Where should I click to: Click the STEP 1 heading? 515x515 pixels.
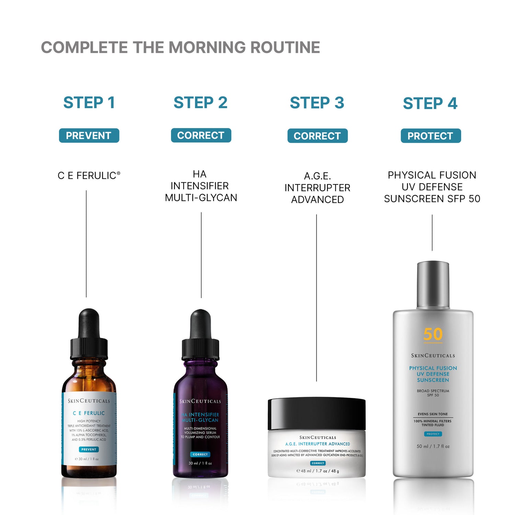89,103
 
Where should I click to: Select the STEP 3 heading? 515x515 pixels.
317,103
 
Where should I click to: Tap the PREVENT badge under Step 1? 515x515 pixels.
89,136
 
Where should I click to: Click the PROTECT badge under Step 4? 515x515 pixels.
431,136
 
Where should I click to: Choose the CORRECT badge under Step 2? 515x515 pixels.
201,135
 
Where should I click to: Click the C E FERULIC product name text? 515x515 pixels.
89,175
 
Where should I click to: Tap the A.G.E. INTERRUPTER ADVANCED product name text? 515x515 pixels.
317,188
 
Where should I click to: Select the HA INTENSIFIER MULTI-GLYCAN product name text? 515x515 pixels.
201,186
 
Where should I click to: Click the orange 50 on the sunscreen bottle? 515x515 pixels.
433,334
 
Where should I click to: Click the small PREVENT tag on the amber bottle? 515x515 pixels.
89,449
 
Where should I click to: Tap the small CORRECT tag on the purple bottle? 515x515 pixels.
200,454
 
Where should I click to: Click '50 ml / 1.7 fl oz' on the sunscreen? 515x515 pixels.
433,446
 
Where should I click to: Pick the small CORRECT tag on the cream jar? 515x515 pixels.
318,463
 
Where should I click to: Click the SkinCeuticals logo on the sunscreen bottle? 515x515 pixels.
433,356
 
